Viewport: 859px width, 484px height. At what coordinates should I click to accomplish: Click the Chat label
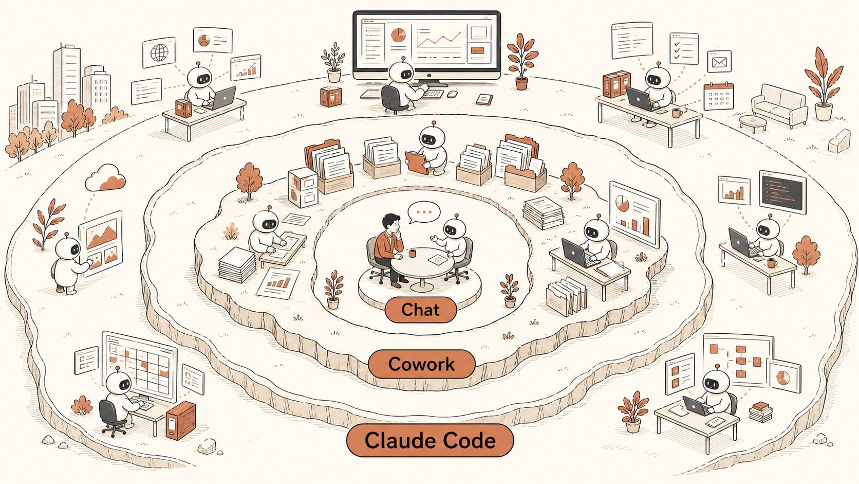coord(421,309)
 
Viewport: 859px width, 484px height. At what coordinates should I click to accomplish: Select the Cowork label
coord(421,364)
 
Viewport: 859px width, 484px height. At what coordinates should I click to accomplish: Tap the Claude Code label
coord(430,440)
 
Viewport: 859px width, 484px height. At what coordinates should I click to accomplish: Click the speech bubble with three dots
coord(424,212)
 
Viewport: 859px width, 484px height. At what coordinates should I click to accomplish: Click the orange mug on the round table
coord(413,254)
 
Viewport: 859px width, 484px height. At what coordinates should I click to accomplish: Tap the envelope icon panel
coord(719,62)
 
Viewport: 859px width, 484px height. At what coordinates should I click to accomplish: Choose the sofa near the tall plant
coord(779,105)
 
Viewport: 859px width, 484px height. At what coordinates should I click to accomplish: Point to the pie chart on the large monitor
coord(398,35)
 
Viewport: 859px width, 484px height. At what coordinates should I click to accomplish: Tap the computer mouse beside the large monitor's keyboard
coord(453,94)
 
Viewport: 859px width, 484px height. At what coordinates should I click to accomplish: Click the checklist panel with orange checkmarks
coord(684,48)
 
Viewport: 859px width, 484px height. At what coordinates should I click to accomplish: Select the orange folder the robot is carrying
coord(417,163)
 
